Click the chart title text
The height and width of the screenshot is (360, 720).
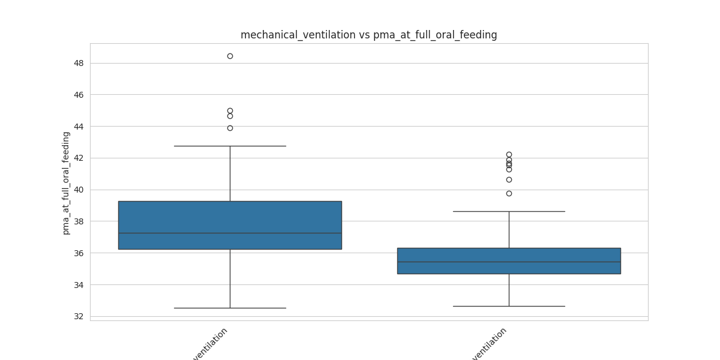pos(368,35)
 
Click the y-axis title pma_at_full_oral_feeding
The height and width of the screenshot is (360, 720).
pos(66,183)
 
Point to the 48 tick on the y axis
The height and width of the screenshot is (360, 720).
pos(79,63)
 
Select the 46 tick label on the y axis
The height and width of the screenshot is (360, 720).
pos(79,95)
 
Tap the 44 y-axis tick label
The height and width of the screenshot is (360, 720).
pos(79,127)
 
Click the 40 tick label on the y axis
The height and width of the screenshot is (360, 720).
pos(79,190)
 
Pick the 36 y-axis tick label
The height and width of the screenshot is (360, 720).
pos(79,253)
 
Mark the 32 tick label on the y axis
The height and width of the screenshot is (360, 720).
pos(79,316)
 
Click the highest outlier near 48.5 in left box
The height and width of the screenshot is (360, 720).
pos(230,56)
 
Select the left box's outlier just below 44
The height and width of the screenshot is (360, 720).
pos(230,128)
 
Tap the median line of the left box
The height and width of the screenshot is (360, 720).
pos(230,233)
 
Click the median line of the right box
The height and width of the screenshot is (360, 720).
pos(509,262)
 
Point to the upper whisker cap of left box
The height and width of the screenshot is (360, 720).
pos(230,146)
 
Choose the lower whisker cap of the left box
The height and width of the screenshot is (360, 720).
pos(230,308)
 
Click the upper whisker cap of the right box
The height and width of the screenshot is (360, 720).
pos(509,211)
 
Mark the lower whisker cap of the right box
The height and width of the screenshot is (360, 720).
pos(509,306)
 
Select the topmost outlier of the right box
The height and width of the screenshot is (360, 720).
pos(509,154)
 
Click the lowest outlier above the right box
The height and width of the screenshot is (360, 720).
pos(509,193)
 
